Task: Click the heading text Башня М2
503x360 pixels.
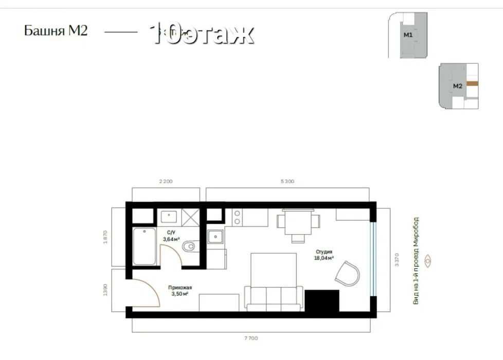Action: pyautogui.click(x=56, y=31)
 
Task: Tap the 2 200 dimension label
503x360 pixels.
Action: pyautogui.click(x=166, y=182)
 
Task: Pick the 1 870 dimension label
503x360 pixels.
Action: pyautogui.click(x=106, y=237)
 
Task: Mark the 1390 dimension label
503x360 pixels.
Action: pyautogui.click(x=106, y=290)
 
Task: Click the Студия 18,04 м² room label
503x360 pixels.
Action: pyautogui.click(x=324, y=255)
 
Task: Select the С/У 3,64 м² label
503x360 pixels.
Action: pyautogui.click(x=170, y=236)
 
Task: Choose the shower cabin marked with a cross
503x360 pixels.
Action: pyautogui.click(x=189, y=218)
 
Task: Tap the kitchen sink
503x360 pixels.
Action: pyautogui.click(x=215, y=237)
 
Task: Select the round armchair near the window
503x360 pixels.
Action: pyautogui.click(x=347, y=273)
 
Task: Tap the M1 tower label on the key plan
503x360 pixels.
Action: pyautogui.click(x=408, y=35)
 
